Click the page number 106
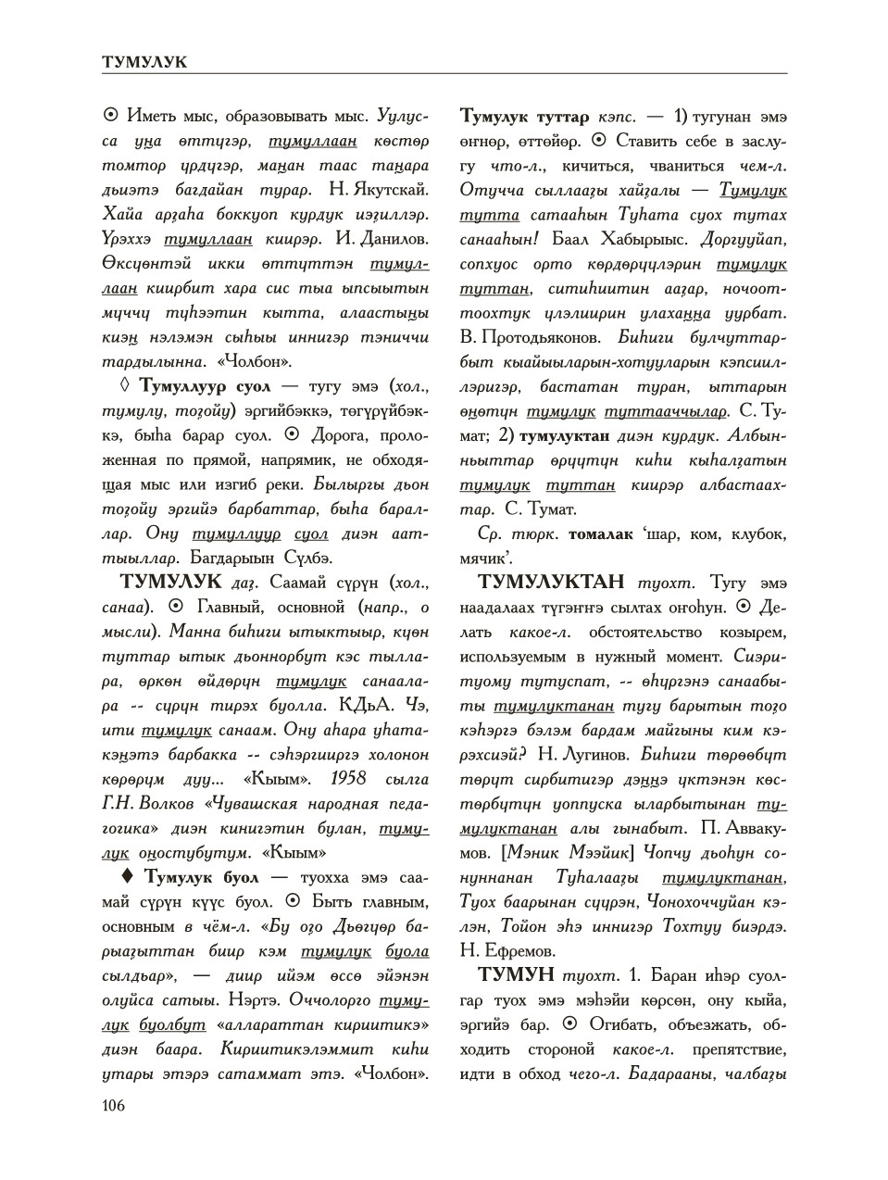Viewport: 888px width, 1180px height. point(112,1104)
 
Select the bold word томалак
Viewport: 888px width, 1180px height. point(601,534)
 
